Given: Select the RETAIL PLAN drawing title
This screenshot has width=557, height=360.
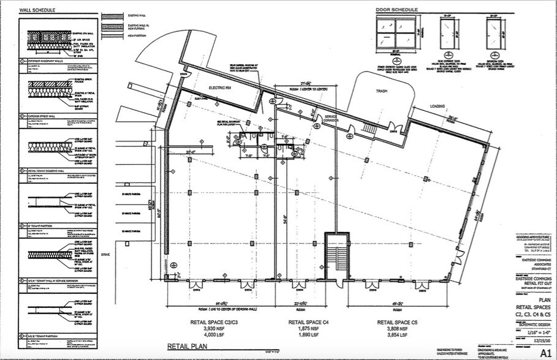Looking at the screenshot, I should tap(188, 347).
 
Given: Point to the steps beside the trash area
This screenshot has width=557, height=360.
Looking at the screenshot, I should tap(369, 130).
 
